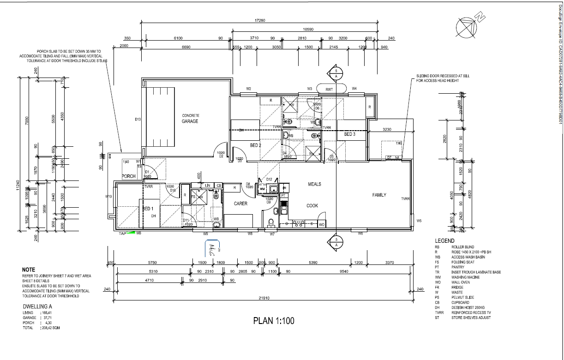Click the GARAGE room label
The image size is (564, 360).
(190, 121)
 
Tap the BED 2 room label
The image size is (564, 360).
(256, 145)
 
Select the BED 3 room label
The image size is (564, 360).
(349, 134)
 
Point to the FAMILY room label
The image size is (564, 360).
(379, 195)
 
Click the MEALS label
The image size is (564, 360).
(314, 184)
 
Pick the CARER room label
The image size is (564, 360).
(240, 204)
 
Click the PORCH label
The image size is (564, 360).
(128, 176)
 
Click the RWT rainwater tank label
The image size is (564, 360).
(329, 89)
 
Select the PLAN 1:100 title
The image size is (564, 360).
(274, 321)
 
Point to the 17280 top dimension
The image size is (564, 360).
(260, 20)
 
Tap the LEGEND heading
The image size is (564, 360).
(444, 241)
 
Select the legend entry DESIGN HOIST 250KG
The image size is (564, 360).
(468, 308)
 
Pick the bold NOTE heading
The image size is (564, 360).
(28, 270)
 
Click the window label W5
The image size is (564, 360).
(419, 221)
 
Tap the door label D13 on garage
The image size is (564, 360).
(138, 120)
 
